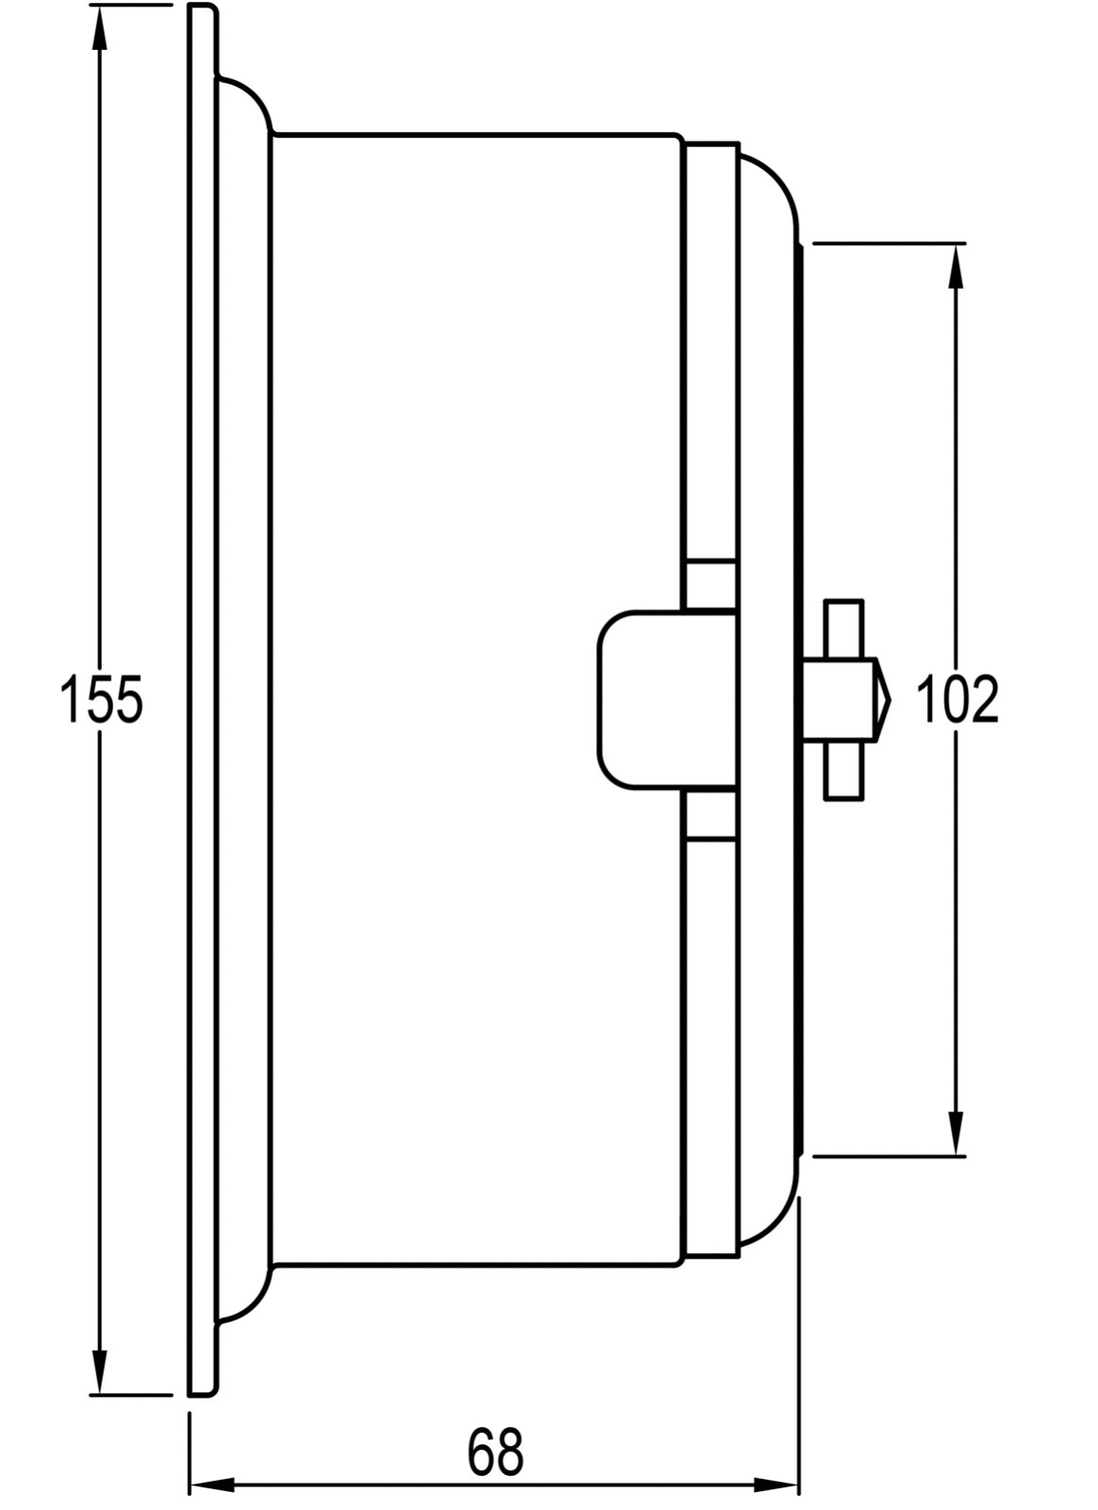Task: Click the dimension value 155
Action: [101, 700]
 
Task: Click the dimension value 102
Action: [957, 700]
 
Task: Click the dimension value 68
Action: [494, 1452]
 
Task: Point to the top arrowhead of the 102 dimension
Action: [956, 267]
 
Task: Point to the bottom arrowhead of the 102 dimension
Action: [956, 1132]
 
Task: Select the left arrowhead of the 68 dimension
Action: [212, 1485]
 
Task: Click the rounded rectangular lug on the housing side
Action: [641, 699]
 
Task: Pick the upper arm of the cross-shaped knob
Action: [843, 628]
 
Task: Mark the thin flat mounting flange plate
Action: [202, 699]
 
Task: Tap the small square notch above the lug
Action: [709, 585]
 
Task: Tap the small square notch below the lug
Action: [709, 814]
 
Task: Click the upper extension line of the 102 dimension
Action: [887, 243]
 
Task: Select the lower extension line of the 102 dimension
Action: [887, 1155]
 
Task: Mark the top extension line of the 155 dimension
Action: [132, 5]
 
